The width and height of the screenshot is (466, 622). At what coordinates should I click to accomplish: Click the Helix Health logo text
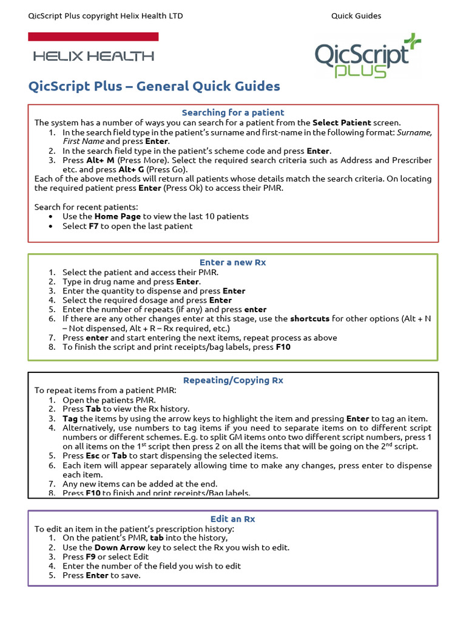93,56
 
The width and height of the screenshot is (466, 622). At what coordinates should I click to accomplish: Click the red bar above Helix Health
93,37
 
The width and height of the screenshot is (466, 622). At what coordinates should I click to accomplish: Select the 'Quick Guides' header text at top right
356,16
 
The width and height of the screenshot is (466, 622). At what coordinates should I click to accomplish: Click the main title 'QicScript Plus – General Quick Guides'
154,86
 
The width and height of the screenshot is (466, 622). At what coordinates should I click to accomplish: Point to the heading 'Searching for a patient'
233,112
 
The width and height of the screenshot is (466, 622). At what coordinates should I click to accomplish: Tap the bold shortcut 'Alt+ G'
132,169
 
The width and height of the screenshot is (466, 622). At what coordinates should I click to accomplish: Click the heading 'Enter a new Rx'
233,262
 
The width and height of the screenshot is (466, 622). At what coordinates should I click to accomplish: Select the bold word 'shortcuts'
309,318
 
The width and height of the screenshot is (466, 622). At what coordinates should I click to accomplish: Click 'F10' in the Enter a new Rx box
283,347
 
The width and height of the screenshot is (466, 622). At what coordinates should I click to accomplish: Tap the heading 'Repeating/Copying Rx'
233,380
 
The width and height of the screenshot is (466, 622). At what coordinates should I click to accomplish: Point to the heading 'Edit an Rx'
233,519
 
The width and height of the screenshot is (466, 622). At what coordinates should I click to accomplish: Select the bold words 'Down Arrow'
120,547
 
